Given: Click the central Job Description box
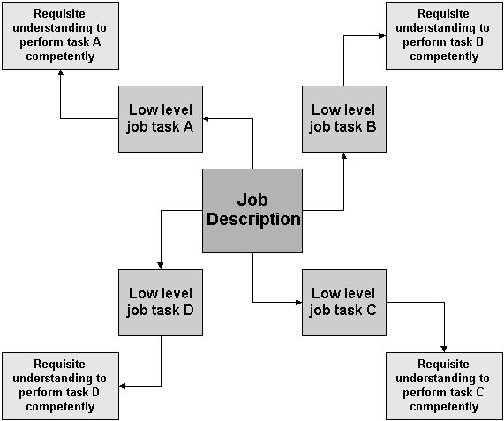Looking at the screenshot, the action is (x=252, y=211).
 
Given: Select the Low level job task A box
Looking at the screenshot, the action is (x=161, y=119).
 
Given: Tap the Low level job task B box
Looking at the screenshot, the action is (x=344, y=119).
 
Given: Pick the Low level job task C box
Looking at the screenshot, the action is (x=344, y=303).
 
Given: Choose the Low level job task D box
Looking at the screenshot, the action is (x=161, y=303).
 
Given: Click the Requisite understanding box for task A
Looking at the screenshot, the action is (x=60, y=35).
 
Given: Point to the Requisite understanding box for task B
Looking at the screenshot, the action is (x=444, y=35).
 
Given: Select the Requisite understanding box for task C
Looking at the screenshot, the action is (x=444, y=386).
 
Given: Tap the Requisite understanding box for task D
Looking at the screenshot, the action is (x=60, y=386).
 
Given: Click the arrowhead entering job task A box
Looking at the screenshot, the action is (x=206, y=119).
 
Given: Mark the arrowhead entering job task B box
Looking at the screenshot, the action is (x=344, y=155).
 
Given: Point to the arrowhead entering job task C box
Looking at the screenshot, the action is (x=299, y=303).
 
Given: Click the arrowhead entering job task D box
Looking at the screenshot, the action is (x=161, y=266).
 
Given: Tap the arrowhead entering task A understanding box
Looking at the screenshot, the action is (x=60, y=72).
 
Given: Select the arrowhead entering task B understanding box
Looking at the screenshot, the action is (x=382, y=35).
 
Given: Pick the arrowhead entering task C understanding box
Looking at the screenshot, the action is (x=444, y=349).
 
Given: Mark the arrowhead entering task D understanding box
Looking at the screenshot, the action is (x=123, y=386).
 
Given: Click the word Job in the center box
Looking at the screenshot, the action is (x=252, y=200).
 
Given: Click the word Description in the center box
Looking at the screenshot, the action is (x=253, y=220).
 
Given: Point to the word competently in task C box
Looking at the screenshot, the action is (x=444, y=407).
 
